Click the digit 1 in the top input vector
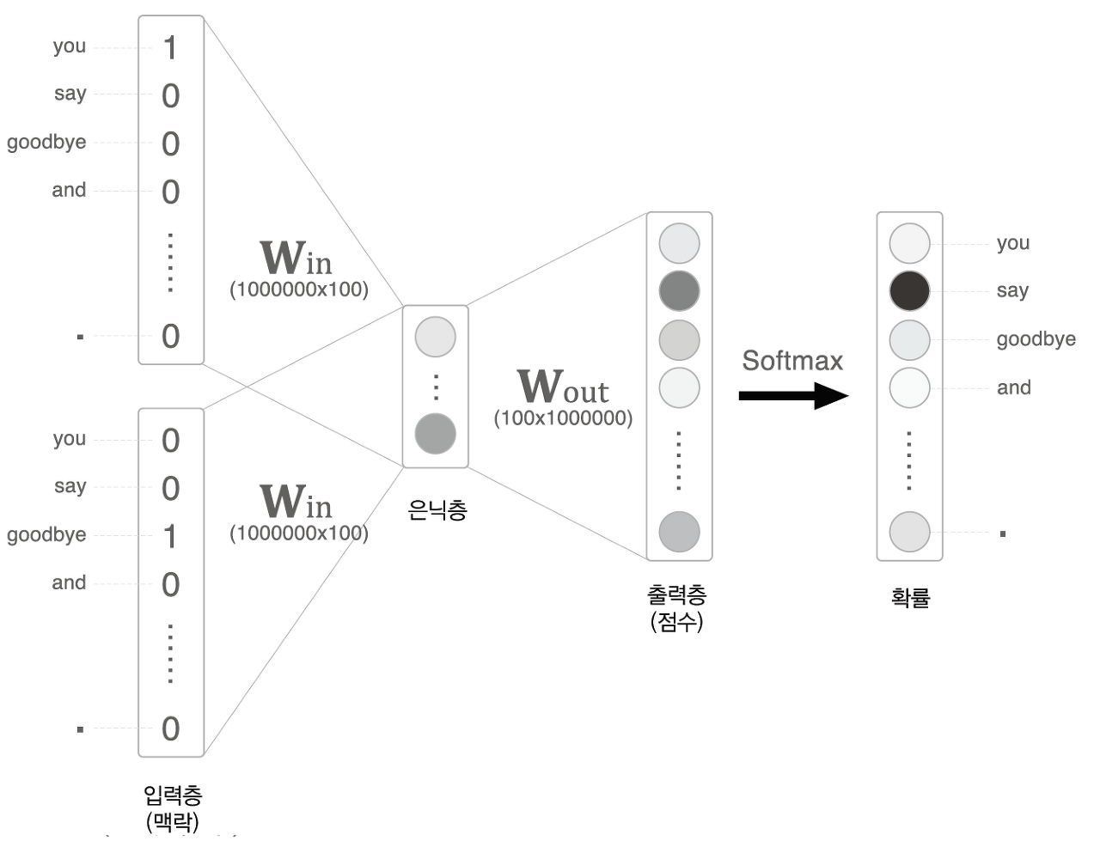coord(170,47)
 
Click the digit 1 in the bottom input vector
coord(170,536)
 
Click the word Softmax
coord(792,361)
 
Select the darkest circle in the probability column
coord(909,291)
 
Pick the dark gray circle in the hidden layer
coord(435,434)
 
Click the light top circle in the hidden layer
coord(435,337)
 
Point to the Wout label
coord(562,387)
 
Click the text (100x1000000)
coord(563,419)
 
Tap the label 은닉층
coord(437,511)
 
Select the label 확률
coord(910,597)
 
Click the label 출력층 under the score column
coord(677,594)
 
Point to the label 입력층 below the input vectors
coord(172,795)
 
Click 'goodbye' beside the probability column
coord(1036,339)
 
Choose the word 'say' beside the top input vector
coord(70,94)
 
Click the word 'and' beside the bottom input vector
coord(69,582)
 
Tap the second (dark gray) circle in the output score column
coord(679,291)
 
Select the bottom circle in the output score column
coord(679,532)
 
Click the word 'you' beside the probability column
coord(1012,243)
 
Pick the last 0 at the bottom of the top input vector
coord(170,337)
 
